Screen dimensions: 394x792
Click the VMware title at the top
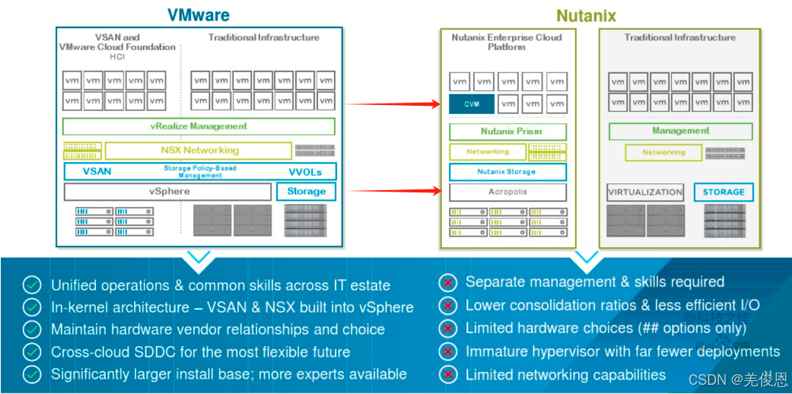coord(199,15)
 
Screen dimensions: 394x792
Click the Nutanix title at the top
coord(586,15)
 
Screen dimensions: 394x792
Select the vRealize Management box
coord(199,126)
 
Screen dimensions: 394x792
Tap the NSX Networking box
coord(199,151)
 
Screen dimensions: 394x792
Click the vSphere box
coord(168,192)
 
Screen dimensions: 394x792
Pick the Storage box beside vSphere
coord(306,192)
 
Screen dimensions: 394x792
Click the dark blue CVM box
coord(471,103)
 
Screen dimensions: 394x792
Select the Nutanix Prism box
coord(507,132)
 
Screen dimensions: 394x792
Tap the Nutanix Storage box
coord(507,172)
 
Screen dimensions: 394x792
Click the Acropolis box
coord(507,192)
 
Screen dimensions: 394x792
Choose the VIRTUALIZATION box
coord(645,192)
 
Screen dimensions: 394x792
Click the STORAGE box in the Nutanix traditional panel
coord(724,192)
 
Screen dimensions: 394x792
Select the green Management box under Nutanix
coord(680,131)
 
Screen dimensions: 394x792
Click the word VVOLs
coord(306,171)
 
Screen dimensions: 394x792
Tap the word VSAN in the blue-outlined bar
coord(97,171)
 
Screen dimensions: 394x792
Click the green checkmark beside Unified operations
coord(32,285)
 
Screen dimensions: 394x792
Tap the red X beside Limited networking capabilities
coord(449,374)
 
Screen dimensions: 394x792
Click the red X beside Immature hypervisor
coord(449,351)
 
